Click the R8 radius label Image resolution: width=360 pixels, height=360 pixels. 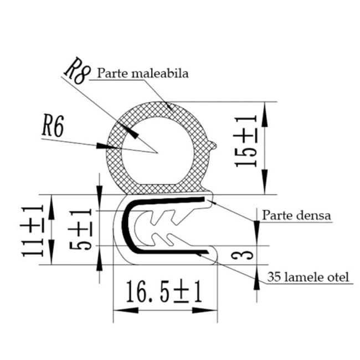76,71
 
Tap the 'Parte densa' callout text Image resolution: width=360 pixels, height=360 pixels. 297,215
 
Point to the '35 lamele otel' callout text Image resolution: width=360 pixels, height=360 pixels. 308,276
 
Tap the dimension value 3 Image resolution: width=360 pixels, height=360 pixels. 248,255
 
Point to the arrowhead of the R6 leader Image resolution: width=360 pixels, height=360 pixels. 105,147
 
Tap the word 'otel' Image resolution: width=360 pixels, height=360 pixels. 338,276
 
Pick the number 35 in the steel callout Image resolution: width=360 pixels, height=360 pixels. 274,276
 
